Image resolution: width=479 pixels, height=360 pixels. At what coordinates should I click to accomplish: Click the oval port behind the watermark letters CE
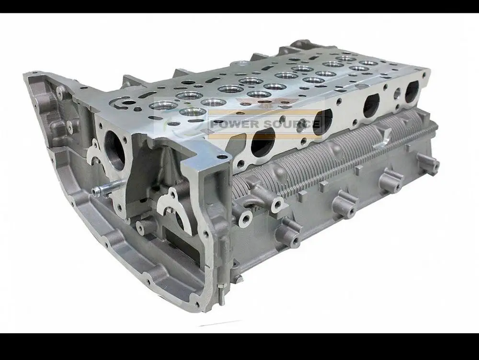coord(322,123)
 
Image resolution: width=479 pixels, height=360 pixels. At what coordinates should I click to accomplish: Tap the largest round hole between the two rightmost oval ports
coord(398,94)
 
